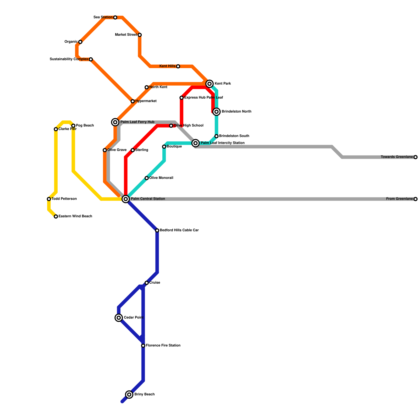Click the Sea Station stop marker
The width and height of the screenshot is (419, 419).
tap(115, 18)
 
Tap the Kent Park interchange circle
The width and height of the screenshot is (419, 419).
tap(210, 84)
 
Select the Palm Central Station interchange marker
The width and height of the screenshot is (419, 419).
tap(126, 199)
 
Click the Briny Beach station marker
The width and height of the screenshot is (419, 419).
tap(129, 394)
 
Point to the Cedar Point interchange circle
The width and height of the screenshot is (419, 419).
tap(119, 318)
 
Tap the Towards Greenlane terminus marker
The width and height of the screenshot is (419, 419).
tap(415, 157)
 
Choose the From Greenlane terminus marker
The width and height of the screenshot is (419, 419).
tap(415, 199)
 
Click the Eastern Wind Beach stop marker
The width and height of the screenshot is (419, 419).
tap(56, 217)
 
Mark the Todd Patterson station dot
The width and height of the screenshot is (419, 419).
tap(49, 199)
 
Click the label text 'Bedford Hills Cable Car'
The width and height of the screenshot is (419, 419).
tap(179, 230)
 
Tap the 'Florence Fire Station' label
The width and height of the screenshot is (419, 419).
tap(163, 346)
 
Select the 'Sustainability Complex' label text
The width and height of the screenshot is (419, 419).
tap(69, 59)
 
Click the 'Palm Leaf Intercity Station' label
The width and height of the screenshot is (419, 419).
tap(223, 143)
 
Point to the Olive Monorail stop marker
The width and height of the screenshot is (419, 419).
tap(147, 178)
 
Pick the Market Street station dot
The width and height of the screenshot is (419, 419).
tap(140, 35)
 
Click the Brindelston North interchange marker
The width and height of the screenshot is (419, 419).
tap(217, 112)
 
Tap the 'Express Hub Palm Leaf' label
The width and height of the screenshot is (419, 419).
tap(203, 98)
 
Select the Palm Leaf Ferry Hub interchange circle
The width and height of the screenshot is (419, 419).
tap(115, 122)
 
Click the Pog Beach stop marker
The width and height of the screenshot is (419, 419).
tap(73, 126)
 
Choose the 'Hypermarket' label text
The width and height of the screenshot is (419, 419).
tap(146, 101)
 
